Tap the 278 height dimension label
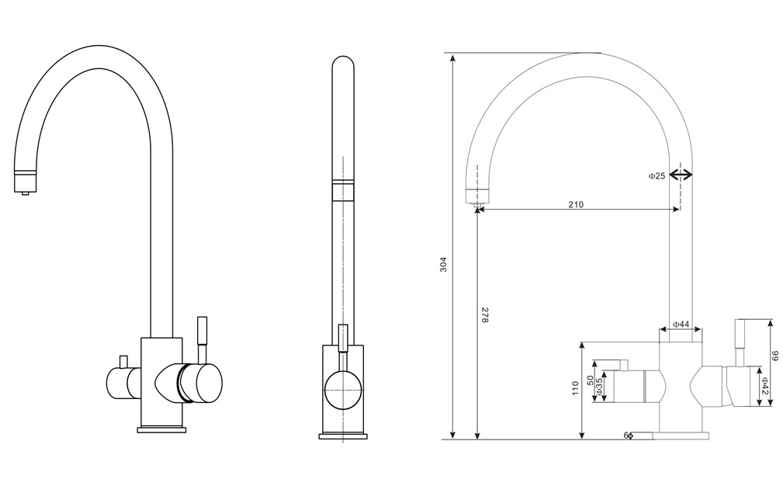coord(485,315)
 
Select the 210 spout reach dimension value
coord(575,205)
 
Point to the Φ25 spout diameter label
coord(657,176)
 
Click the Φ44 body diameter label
coord(681,324)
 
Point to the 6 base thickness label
coord(625,436)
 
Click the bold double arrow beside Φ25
coord(681,175)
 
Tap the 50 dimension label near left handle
coord(591,381)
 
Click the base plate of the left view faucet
coord(162,429)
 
